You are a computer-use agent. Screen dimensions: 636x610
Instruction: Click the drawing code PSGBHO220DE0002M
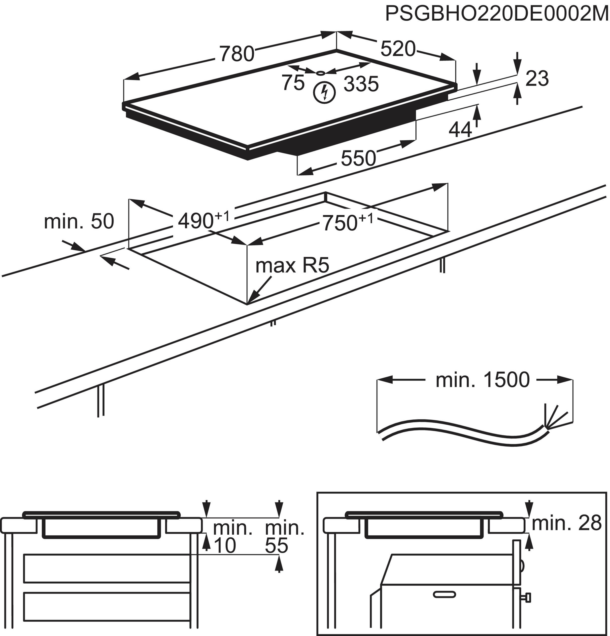(497, 14)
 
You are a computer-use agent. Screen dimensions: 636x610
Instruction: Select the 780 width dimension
(237, 54)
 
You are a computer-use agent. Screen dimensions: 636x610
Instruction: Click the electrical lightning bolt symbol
(324, 93)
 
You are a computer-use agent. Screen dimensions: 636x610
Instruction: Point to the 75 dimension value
(293, 83)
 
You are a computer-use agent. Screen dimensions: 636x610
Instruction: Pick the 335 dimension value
(361, 84)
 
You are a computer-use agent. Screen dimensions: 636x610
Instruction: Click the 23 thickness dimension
(537, 79)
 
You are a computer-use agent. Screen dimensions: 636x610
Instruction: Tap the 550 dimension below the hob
(358, 158)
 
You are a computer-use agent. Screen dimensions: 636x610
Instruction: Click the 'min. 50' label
(79, 221)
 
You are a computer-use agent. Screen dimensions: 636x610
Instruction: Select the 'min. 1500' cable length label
(482, 380)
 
